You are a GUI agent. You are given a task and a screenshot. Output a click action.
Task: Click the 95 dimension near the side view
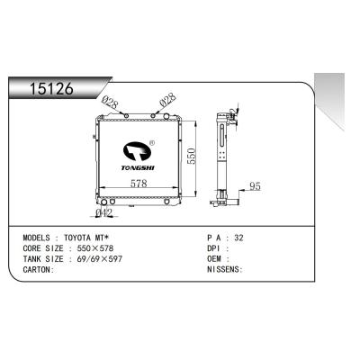pyautogui.click(x=255, y=187)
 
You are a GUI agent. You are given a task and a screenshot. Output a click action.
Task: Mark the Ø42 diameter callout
pyautogui.click(x=104, y=213)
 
